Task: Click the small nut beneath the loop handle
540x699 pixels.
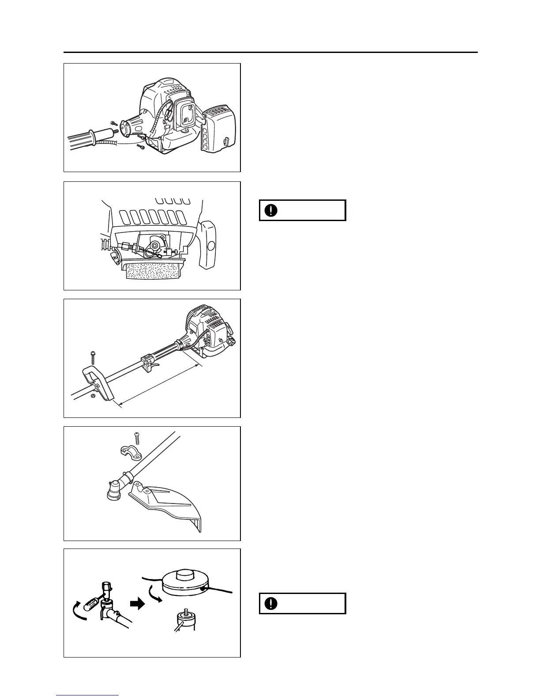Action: [93, 396]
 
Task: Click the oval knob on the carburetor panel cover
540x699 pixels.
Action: [210, 246]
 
